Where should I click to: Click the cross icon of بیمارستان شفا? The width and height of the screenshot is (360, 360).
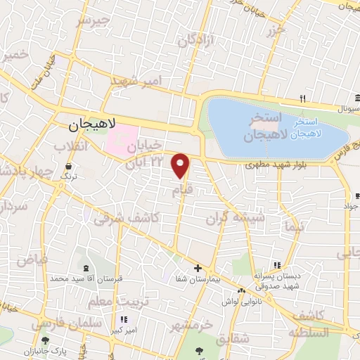click(x=198, y=268)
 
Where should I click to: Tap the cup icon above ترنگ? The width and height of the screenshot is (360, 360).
click(x=69, y=167)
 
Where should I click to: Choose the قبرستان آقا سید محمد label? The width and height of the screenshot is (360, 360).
click(x=86, y=278)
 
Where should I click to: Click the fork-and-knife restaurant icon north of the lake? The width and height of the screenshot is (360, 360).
click(x=302, y=98)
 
